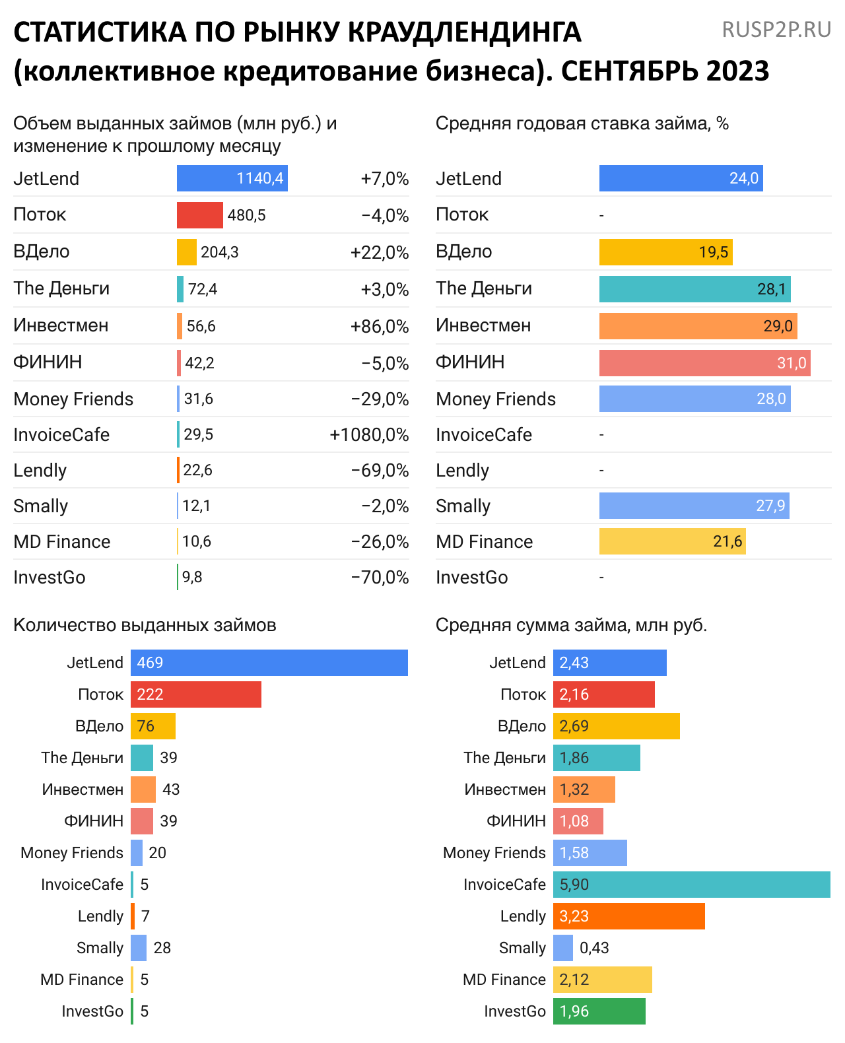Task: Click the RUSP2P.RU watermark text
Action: coord(776,30)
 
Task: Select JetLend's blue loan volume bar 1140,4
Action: coord(232,178)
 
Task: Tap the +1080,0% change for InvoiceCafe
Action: coord(369,435)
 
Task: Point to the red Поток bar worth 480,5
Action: coord(199,215)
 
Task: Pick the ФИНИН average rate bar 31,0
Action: coord(704,363)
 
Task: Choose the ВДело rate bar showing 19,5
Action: coord(665,252)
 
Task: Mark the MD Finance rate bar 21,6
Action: coord(672,541)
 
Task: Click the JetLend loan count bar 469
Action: coord(269,663)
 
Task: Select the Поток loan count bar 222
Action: coord(195,694)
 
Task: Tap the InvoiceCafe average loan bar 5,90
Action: coord(691,885)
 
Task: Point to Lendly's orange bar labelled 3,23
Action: coord(628,916)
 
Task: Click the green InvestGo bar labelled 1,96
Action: coord(599,1011)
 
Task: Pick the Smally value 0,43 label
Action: coord(594,948)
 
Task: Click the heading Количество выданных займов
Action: coord(145,625)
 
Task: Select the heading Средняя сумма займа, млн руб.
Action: coord(571,625)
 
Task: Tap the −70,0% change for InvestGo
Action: coord(380,578)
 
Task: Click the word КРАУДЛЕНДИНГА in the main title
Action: coord(464,32)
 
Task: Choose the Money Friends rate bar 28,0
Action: coord(694,399)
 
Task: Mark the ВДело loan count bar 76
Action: coord(152,726)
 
